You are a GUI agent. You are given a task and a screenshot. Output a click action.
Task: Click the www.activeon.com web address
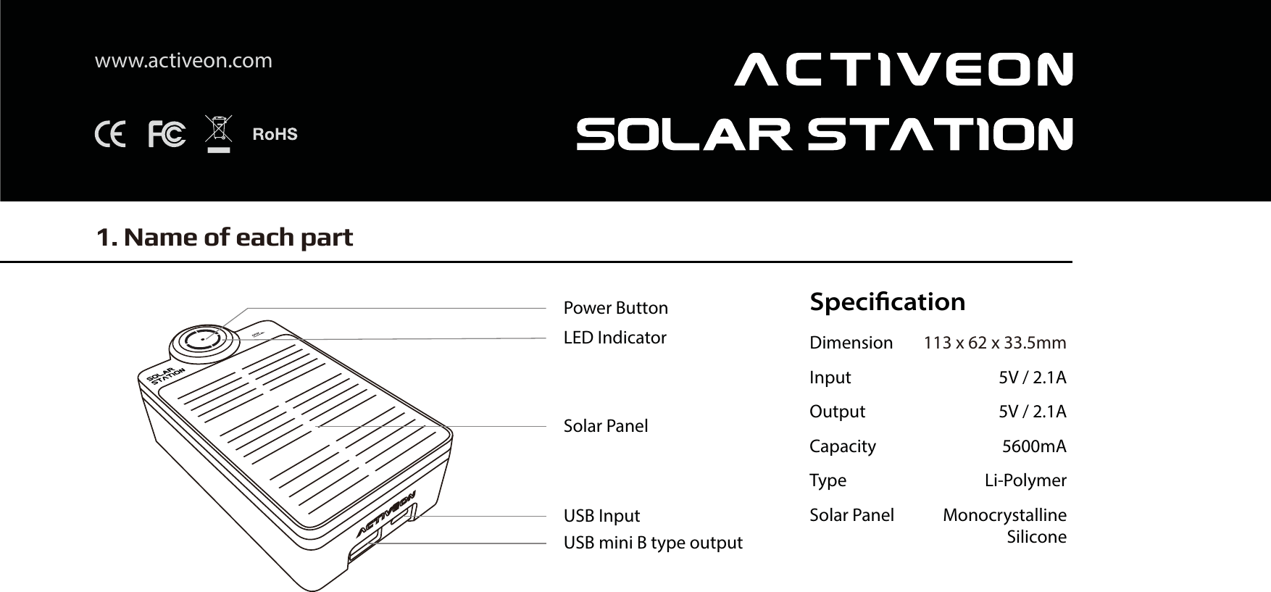tap(183, 61)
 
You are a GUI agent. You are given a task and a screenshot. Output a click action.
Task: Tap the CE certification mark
tap(110, 135)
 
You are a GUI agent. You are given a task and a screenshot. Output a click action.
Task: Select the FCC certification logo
tap(166, 135)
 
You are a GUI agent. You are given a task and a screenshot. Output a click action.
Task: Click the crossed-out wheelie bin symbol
tap(218, 134)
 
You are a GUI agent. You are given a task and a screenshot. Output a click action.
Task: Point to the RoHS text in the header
tap(275, 135)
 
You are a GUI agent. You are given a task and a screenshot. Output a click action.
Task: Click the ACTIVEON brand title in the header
tap(903, 70)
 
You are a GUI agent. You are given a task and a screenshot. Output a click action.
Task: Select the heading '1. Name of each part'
tap(225, 237)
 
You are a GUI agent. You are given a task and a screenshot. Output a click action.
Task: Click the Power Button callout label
tap(615, 308)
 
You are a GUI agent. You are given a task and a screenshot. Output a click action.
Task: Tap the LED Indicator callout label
tap(614, 338)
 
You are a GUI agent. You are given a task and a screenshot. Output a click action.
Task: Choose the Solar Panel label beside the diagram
tap(606, 426)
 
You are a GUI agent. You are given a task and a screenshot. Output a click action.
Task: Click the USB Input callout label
tap(601, 516)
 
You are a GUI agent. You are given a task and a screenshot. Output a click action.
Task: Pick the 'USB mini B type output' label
tap(653, 543)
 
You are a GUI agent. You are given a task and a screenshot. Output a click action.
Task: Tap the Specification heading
tap(887, 301)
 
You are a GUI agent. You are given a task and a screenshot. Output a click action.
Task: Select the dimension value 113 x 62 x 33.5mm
tap(994, 343)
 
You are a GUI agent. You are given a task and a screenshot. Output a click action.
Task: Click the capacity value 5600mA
tap(1033, 446)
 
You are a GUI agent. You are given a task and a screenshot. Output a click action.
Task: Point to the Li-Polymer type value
tap(1025, 480)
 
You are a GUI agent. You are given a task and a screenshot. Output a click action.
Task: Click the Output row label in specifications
tap(837, 412)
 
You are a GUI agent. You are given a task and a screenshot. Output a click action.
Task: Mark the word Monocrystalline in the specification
tap(1004, 515)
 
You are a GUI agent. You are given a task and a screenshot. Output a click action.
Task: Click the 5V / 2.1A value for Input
tap(1032, 378)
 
